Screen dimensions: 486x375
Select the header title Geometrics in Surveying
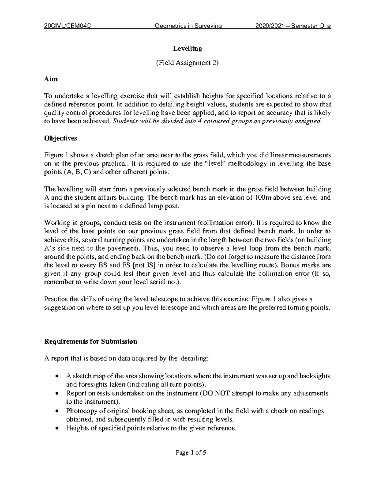[x=188, y=26]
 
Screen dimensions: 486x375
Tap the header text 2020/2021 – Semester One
[x=293, y=26]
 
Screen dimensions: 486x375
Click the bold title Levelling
[x=188, y=49]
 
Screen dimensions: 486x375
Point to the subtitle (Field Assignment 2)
[x=187, y=63]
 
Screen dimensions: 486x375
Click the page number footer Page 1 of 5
[x=187, y=453]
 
